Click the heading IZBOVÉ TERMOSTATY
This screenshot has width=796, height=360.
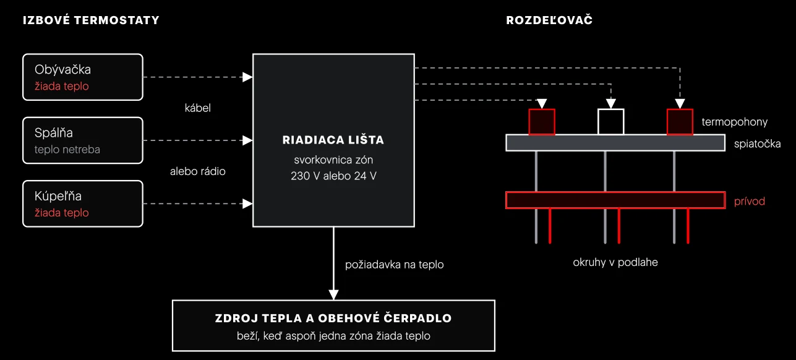(91, 20)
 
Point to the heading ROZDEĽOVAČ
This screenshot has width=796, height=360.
(549, 20)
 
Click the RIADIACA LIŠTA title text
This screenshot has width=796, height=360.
(333, 140)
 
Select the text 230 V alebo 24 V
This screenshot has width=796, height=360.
(333, 176)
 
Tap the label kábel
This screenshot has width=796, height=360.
(197, 108)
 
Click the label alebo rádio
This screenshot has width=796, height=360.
(197, 171)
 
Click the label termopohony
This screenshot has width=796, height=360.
(735, 122)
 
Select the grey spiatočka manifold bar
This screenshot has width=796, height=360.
(615, 143)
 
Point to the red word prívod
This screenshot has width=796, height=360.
(750, 201)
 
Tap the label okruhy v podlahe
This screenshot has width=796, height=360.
(615, 262)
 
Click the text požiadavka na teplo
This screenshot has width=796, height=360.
(395, 264)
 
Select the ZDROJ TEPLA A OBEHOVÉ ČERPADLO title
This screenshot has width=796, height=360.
(333, 318)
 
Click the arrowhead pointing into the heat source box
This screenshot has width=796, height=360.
(333, 295)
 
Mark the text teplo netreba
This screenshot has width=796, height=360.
(67, 149)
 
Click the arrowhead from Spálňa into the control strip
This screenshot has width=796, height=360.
(247, 140)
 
